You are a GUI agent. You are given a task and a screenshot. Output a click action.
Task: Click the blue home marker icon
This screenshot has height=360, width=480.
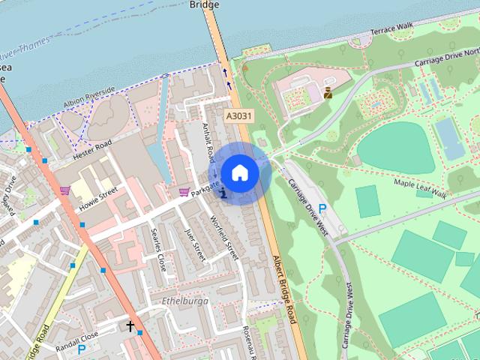[239, 172]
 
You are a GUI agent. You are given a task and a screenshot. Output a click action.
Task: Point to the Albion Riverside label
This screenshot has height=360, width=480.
[88, 94]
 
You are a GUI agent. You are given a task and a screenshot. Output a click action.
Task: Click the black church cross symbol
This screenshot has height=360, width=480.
[130, 326]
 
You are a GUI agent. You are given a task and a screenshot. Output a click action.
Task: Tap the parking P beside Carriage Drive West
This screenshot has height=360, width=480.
[322, 208]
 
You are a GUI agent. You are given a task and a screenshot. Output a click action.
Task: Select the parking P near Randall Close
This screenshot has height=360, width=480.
[82, 349]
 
